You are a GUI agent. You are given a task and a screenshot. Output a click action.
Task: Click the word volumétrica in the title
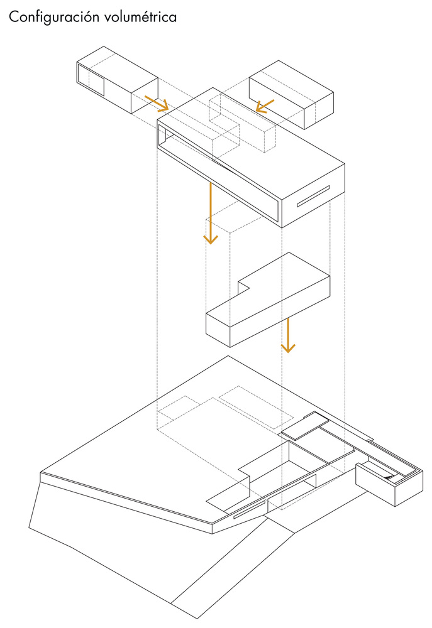(x=140, y=17)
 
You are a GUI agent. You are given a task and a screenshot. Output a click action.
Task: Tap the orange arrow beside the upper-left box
(x=156, y=103)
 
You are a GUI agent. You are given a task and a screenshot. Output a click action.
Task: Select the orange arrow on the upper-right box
(x=265, y=106)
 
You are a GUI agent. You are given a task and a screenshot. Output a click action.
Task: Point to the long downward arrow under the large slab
(x=210, y=213)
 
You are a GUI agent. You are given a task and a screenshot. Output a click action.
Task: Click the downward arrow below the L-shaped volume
(x=288, y=335)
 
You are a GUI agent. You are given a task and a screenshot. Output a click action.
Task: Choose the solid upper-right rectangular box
(x=291, y=95)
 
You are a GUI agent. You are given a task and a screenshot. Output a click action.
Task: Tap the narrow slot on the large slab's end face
(x=313, y=196)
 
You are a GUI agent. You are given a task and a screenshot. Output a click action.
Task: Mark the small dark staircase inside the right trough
(x=387, y=477)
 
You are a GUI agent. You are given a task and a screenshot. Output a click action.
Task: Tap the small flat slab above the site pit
(x=305, y=426)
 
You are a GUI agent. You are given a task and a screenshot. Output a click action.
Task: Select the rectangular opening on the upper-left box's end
(x=91, y=80)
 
